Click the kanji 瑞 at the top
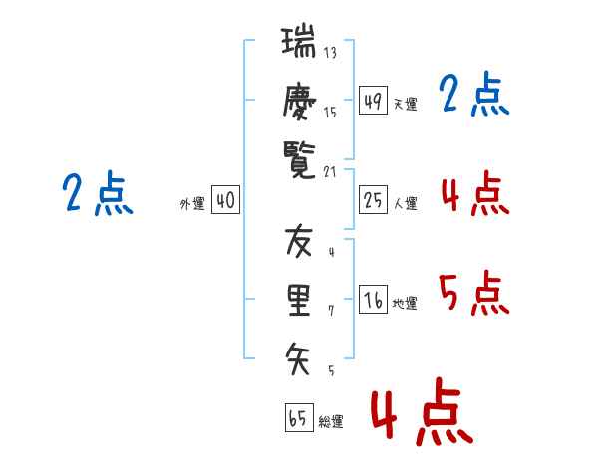coord(298,45)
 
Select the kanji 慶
coord(298,102)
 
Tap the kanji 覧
coord(298,160)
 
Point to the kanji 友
coord(298,242)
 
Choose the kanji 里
coord(298,299)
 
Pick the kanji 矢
coord(298,355)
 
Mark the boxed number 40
coord(225,200)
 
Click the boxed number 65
coord(298,418)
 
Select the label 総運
coord(330,422)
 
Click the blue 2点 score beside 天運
coord(473,95)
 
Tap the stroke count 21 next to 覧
coord(330,171)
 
